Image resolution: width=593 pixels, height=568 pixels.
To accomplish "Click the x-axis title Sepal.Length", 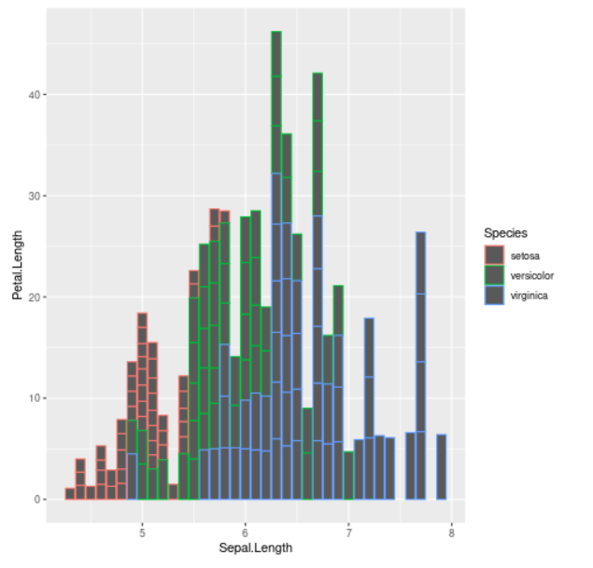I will click(x=255, y=547).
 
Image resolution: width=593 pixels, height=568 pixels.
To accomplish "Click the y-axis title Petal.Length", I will click(x=17, y=270).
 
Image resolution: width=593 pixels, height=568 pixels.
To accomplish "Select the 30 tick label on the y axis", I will click(x=35, y=196).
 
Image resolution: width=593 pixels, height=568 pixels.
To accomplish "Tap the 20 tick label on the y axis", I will click(x=35, y=298).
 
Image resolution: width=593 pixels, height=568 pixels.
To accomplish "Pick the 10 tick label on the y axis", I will click(x=35, y=398).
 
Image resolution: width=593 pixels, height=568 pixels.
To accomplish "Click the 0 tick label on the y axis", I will click(x=37, y=500).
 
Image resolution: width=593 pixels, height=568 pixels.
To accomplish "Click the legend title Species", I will click(x=505, y=232).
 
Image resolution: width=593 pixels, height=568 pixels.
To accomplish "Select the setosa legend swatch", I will click(x=494, y=254).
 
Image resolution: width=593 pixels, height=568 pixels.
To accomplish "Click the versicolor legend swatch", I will click(x=494, y=274).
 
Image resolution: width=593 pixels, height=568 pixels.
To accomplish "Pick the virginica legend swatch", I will click(x=494, y=295).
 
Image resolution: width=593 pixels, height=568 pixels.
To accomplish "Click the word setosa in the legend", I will click(x=525, y=254).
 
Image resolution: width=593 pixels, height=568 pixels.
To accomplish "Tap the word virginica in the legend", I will click(x=529, y=295).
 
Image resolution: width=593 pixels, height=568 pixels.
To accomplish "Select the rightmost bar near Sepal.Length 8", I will click(x=441, y=466).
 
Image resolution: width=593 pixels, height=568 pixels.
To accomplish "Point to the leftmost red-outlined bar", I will click(x=70, y=493).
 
